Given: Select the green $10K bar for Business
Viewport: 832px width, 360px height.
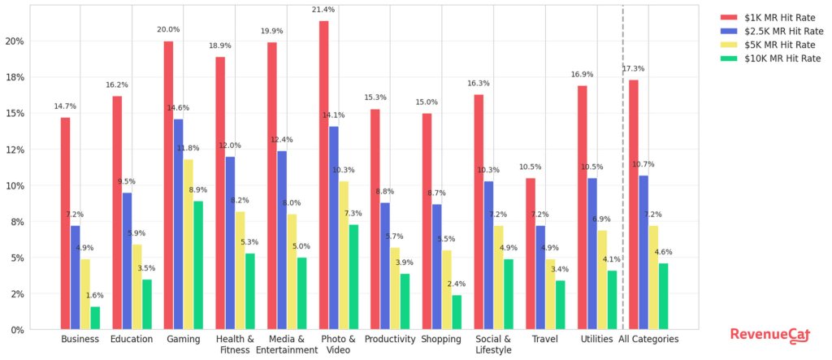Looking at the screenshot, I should [x=95, y=318].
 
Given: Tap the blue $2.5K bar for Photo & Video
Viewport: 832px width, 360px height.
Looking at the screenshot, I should [x=334, y=228].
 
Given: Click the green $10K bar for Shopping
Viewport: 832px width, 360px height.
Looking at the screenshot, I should [x=457, y=312].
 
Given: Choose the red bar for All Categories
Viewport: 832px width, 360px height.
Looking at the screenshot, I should [x=633, y=204].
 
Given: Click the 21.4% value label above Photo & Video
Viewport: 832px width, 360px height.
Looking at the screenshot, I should [x=324, y=10].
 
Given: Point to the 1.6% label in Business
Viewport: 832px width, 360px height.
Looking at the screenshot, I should [x=95, y=296].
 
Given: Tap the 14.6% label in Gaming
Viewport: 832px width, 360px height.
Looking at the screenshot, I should [x=178, y=108].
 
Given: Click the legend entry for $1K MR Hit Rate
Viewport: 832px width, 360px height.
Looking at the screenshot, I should [x=771, y=17].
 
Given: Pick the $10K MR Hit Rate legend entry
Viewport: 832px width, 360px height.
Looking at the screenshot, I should [x=771, y=59].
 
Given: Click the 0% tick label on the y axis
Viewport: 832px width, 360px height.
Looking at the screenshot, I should [x=18, y=330].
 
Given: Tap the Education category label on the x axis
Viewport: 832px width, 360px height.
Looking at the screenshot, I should [x=132, y=340].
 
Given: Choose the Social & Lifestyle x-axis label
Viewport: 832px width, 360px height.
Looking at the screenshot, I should [x=493, y=345].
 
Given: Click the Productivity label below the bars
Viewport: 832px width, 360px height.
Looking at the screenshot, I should [x=390, y=340].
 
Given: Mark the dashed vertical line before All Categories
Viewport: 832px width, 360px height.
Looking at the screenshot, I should [x=622, y=163].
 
